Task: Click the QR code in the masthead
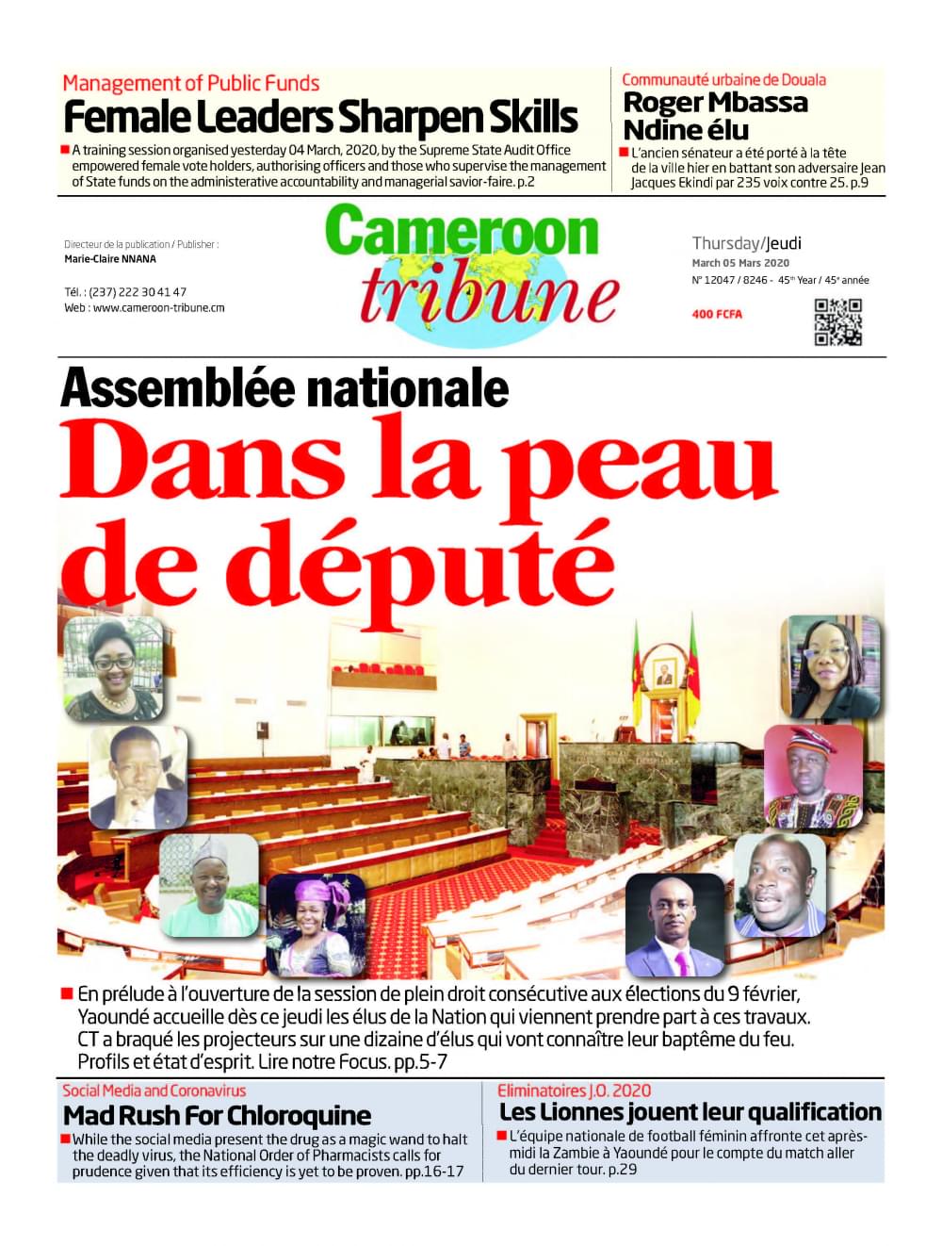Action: [x=837, y=321]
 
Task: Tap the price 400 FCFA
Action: [x=716, y=314]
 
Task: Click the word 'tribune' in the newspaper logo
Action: [x=488, y=294]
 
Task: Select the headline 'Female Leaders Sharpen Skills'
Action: [x=320, y=119]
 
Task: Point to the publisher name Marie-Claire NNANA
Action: [x=110, y=259]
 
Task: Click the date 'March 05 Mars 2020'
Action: [x=740, y=263]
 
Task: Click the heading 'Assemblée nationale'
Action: [x=284, y=387]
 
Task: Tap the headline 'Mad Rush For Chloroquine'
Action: [x=217, y=1116]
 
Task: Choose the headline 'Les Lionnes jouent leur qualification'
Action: [x=690, y=1112]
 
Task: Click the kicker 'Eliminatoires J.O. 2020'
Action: [x=574, y=1090]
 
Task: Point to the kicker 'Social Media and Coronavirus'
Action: [x=154, y=1090]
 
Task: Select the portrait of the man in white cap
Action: [x=208, y=885]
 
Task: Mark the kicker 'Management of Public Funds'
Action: [x=190, y=83]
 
